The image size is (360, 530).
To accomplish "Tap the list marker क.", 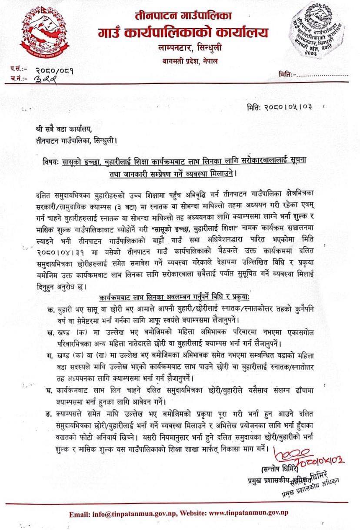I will coord(50,310).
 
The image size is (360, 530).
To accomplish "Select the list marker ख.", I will coord(50,332).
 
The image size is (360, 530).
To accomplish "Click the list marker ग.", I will coord(50,356).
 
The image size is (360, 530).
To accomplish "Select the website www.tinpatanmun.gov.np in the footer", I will coord(249,514).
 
